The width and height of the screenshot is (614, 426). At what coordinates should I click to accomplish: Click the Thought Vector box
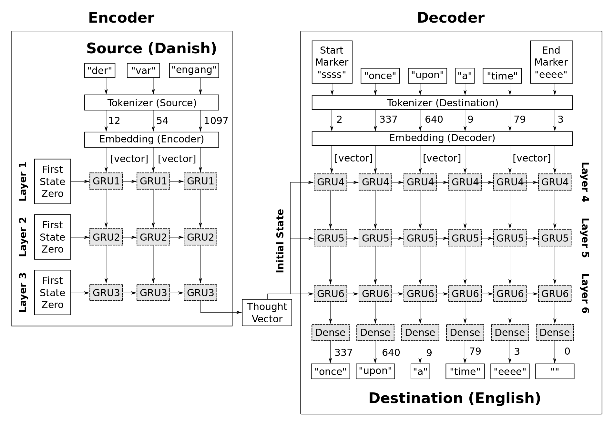pos(267,312)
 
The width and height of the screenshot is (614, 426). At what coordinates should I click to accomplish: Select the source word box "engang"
pos(194,70)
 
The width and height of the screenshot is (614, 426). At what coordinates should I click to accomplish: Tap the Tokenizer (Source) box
pos(151,102)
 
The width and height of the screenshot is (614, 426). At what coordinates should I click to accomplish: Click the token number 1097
pos(216,120)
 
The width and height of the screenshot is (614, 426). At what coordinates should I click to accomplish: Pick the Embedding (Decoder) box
pos(442,138)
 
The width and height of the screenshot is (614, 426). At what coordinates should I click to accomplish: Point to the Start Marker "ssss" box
pos(332,62)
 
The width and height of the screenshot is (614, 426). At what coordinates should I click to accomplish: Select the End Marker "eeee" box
pos(551,62)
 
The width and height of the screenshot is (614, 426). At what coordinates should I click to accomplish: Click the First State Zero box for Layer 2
pos(52,237)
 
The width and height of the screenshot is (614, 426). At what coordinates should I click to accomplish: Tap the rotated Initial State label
pos(280,241)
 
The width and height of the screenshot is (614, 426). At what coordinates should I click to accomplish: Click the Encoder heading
pos(121,18)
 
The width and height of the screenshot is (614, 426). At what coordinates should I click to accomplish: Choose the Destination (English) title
pos(454,398)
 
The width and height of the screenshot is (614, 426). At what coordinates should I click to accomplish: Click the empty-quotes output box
pos(555,371)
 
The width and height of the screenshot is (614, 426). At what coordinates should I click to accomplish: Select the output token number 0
pos(567,351)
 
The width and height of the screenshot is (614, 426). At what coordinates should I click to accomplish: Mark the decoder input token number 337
pos(388,119)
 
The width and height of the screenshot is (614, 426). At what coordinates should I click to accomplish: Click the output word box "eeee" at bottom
pos(510,371)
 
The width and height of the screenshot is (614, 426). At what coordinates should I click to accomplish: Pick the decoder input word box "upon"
pos(427,75)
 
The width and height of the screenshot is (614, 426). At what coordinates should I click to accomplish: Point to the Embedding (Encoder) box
pos(151,139)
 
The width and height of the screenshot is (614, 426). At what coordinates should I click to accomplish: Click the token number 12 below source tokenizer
pos(114,120)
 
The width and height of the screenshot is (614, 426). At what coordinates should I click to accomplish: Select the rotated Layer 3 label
pos(23,293)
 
